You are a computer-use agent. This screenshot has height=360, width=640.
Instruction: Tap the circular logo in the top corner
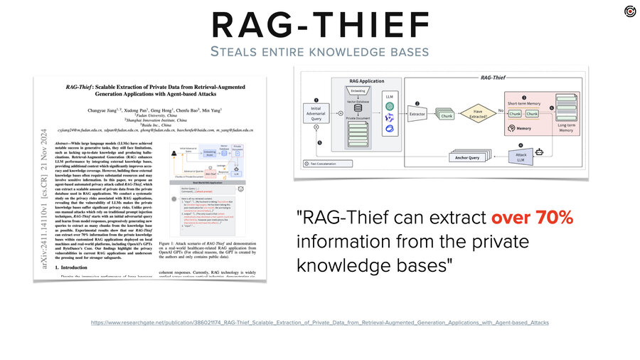pos(629,10)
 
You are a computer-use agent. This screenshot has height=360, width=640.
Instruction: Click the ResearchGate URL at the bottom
pos(320,322)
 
